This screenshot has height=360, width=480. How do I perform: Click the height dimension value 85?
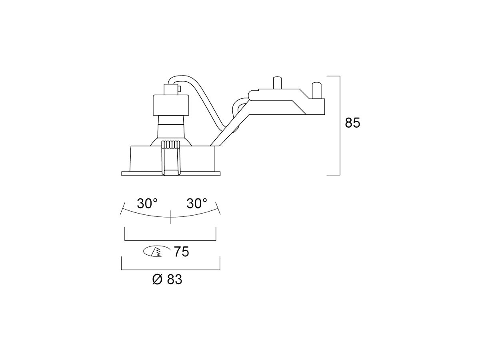click(x=352, y=123)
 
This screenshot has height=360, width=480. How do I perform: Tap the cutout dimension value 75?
click(x=181, y=252)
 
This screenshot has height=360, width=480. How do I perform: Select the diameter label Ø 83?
click(x=167, y=279)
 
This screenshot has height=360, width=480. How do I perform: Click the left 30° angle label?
click(x=147, y=204)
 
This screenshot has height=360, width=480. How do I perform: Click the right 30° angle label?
click(x=197, y=204)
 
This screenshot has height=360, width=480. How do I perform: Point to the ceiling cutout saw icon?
click(x=156, y=252)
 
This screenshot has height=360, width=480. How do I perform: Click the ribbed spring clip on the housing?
click(x=170, y=158)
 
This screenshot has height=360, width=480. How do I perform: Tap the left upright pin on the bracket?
click(x=277, y=83)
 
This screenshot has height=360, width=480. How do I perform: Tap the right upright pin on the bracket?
click(x=317, y=90)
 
